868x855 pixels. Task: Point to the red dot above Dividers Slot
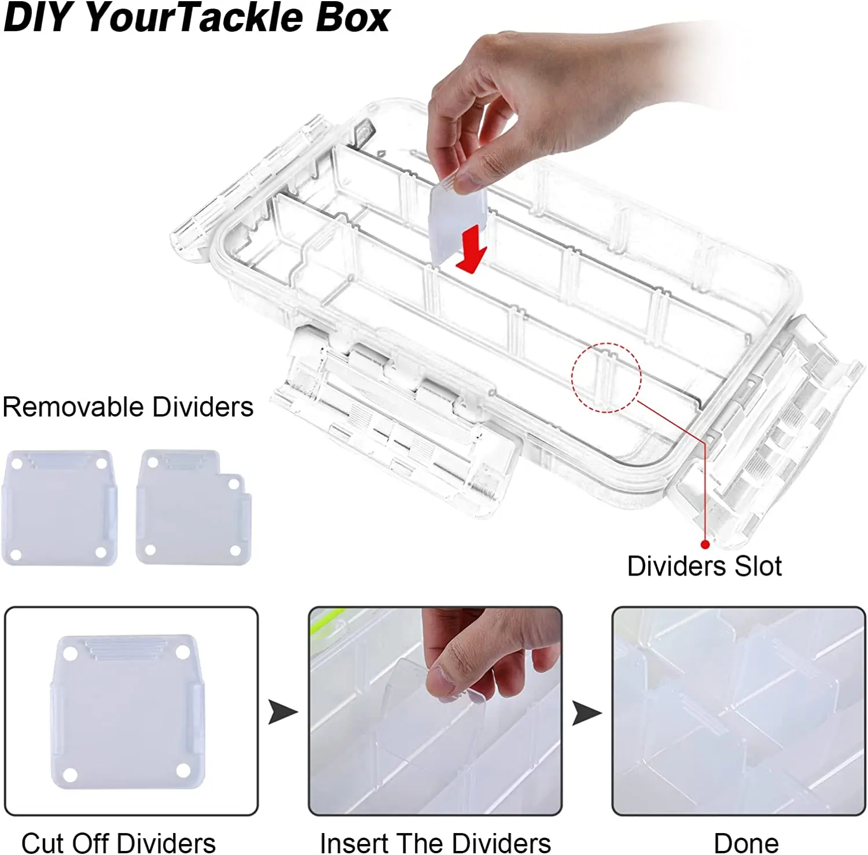(705, 544)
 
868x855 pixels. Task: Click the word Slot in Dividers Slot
(757, 566)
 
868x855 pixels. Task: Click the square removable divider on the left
(60, 507)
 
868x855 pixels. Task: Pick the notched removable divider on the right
(192, 508)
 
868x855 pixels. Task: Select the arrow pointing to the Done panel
(586, 713)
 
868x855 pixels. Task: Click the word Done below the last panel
(746, 843)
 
